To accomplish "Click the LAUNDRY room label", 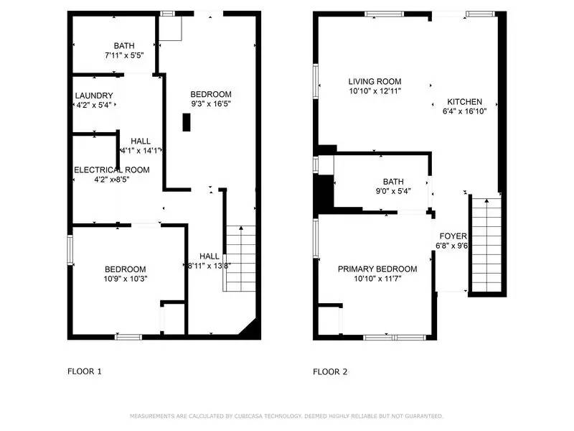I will (x=94, y=96).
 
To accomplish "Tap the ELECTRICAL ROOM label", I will (x=112, y=170).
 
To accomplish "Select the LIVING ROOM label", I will (x=375, y=82).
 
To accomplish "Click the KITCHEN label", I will (x=464, y=102).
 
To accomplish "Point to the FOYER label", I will (x=452, y=236).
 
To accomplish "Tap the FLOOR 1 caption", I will (x=85, y=372).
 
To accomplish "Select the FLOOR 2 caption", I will (x=330, y=372).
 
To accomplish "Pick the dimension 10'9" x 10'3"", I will (x=126, y=279).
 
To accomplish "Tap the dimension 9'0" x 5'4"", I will (x=392, y=191).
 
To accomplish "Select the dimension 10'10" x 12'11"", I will (x=375, y=91).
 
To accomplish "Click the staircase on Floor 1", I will (x=240, y=259).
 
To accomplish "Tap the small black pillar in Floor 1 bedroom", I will (x=187, y=123).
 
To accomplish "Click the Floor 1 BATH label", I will (x=124, y=45).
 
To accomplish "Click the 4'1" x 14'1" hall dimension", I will (x=143, y=151).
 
